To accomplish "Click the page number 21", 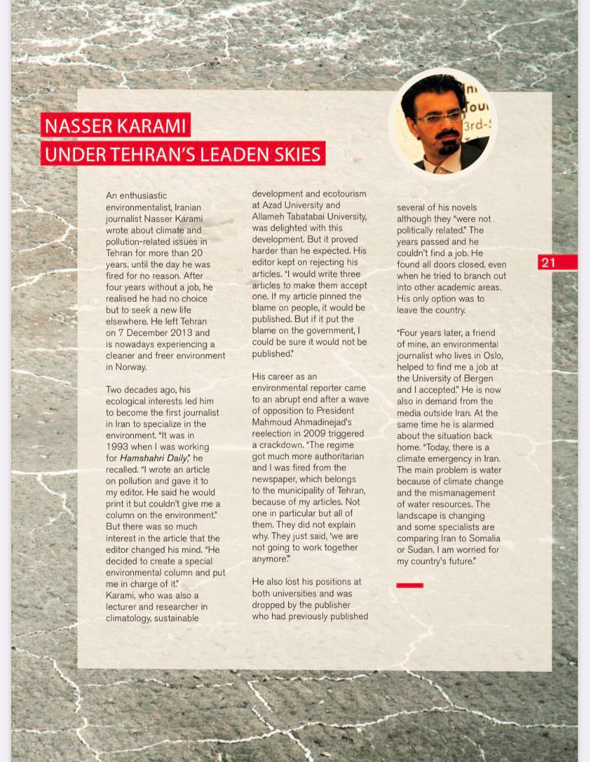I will [x=549, y=263].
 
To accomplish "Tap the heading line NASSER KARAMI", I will [x=115, y=126].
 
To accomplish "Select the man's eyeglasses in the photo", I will [x=440, y=117].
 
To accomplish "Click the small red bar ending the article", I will [x=410, y=586].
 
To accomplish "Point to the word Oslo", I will [x=492, y=355].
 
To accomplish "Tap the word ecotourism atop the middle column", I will [x=345, y=194].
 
